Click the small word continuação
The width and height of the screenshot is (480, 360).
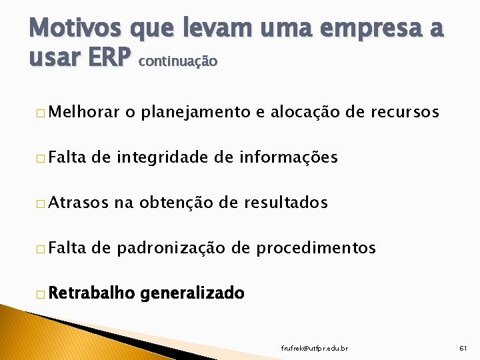(x=178, y=61)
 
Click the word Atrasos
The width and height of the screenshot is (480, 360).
(x=77, y=203)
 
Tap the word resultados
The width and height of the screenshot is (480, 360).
(x=286, y=203)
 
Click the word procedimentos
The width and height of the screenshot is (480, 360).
(x=317, y=248)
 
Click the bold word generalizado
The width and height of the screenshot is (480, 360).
(x=193, y=293)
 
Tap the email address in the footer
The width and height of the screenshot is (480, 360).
(x=315, y=348)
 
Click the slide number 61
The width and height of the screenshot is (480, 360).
(x=464, y=348)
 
